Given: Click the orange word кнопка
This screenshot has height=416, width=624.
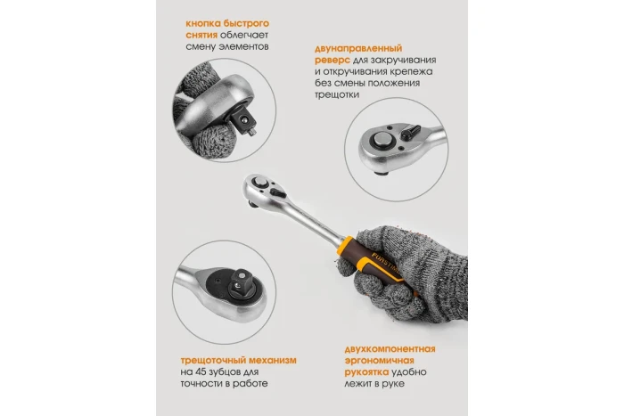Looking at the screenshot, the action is (202, 23).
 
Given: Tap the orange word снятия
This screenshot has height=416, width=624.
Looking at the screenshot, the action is (201, 35).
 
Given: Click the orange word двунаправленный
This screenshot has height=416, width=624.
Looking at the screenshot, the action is (358, 49).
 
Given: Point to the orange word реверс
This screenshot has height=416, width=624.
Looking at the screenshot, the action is (333, 61).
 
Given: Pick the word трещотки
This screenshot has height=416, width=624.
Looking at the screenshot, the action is (337, 95).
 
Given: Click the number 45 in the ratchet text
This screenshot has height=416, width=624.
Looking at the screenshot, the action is (202, 371).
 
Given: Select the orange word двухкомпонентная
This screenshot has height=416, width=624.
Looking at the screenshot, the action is (390, 349).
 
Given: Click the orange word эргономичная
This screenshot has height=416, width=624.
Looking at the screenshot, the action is (379, 361).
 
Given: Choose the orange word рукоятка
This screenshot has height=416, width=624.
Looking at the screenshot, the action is (366, 372).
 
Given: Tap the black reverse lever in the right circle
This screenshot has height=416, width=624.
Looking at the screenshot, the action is (410, 133).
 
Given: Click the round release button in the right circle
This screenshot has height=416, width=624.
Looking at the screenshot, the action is (382, 140).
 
